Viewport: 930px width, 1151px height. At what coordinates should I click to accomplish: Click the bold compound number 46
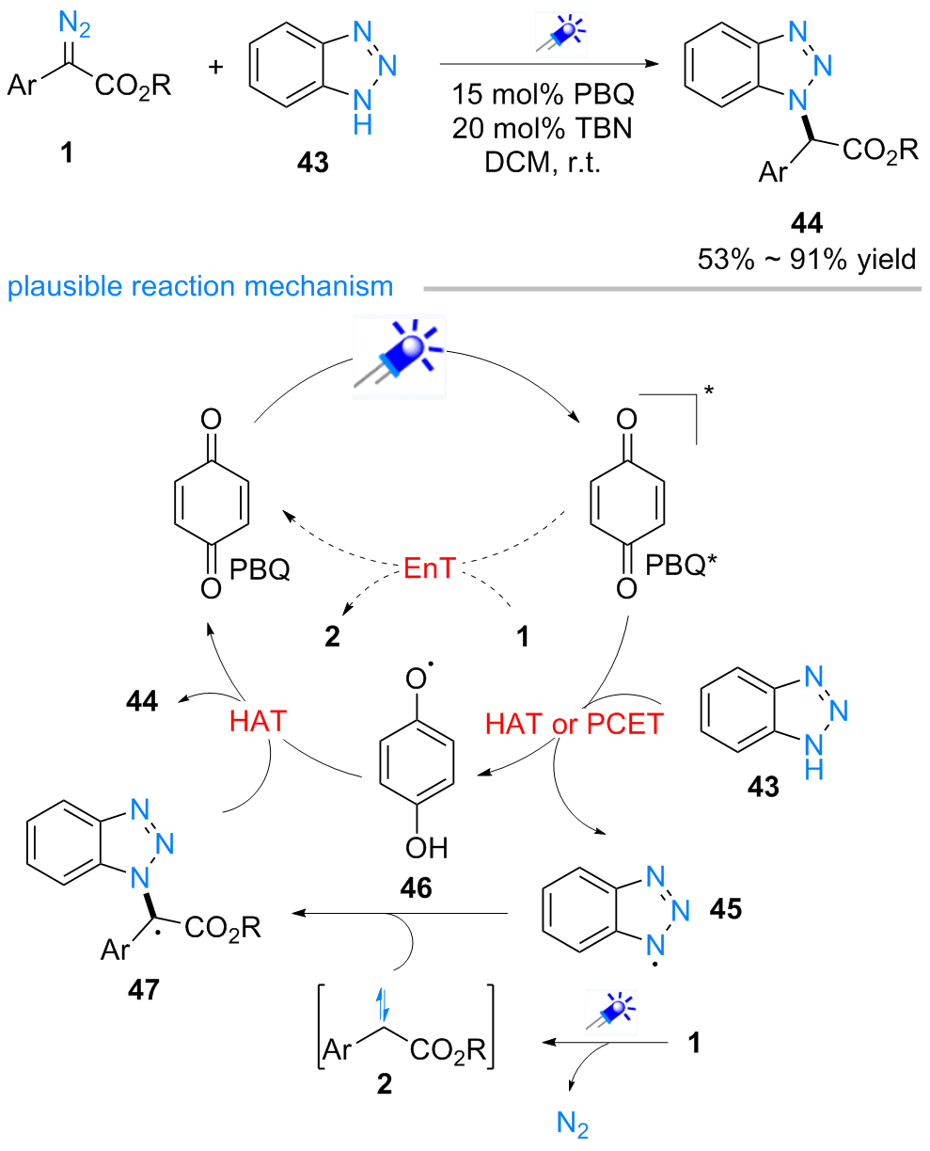pyautogui.click(x=415, y=887)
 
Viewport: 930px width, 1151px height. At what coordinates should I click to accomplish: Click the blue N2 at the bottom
pyautogui.click(x=574, y=1126)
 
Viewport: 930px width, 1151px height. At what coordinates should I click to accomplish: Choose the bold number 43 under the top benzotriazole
pyautogui.click(x=311, y=165)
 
